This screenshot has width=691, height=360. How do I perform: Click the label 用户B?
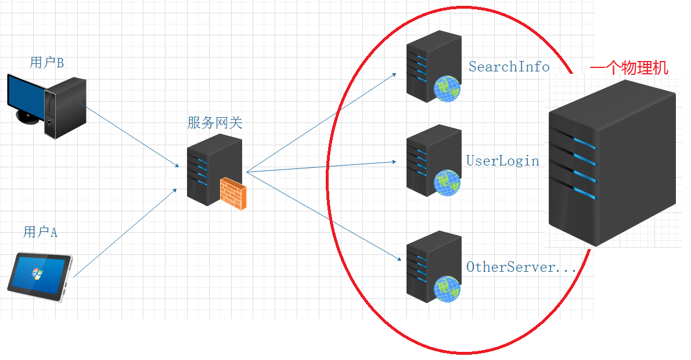click(46, 63)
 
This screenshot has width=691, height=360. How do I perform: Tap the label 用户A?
click(41, 232)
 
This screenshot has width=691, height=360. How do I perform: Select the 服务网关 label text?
click(214, 123)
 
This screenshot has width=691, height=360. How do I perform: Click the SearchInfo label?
click(509, 67)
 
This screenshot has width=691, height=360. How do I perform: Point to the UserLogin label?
click(503, 160)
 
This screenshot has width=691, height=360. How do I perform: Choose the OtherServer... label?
click(521, 267)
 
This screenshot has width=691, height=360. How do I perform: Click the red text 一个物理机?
click(629, 69)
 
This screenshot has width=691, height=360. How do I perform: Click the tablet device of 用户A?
click(39, 276)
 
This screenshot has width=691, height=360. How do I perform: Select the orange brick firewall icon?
click(233, 194)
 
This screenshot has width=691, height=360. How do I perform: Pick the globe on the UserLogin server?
click(447, 182)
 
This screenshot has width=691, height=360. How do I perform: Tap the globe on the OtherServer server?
click(447, 289)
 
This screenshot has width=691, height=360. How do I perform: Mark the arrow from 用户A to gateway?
click(125, 232)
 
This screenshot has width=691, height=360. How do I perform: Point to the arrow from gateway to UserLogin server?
click(322, 167)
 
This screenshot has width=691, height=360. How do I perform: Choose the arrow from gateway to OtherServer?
click(322, 215)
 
